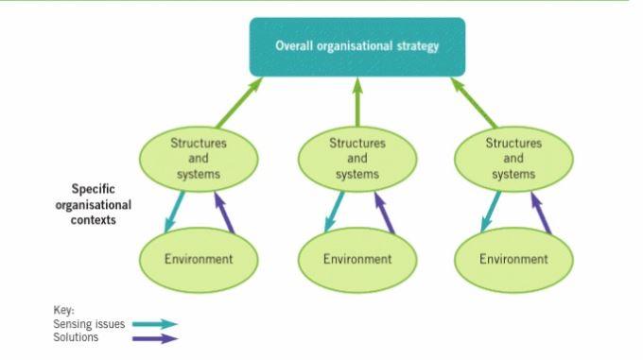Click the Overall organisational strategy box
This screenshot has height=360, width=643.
point(357,46)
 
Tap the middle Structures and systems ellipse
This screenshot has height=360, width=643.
point(357,158)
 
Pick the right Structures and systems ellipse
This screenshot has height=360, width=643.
point(514,158)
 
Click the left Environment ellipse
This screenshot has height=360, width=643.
point(199,258)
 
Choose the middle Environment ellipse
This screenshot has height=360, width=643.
point(357,258)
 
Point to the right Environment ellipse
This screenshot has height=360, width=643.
point(514,258)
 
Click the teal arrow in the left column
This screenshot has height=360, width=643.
point(175,210)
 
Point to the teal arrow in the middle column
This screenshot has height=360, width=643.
point(334,210)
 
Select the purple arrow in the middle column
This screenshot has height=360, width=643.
point(380,210)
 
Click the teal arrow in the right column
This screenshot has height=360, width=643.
point(491,210)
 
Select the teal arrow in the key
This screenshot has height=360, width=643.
point(155,324)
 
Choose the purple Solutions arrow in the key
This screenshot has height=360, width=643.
point(155,337)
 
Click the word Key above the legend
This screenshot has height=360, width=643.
point(62,310)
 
